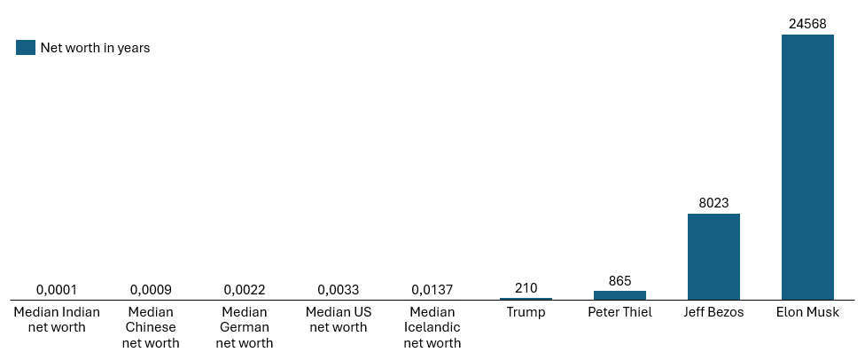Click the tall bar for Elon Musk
[807, 167]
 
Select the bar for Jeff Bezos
[713, 256]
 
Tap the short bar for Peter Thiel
[620, 294]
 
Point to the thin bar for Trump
[526, 299]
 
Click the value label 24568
[807, 24]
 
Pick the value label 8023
[713, 203]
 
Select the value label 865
[620, 280]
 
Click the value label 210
[526, 288]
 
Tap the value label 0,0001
[57, 290]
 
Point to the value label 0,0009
[151, 290]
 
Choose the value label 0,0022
[245, 290]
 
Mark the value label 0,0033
[339, 290]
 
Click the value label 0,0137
[432, 290]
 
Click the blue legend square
[26, 48]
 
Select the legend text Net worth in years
[95, 48]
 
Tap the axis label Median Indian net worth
[57, 319]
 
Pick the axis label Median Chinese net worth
[151, 327]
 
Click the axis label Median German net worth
[245, 327]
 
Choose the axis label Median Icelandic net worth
[432, 327]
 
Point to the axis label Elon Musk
[807, 312]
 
